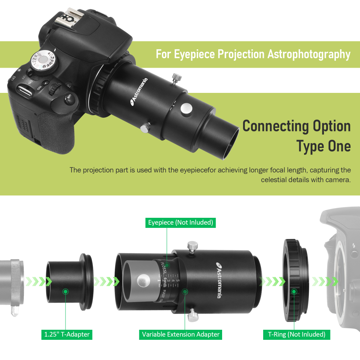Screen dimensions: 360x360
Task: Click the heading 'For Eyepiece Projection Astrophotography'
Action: point(253,54)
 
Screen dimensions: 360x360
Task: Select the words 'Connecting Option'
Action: point(296,126)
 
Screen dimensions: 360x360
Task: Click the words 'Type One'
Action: point(323,146)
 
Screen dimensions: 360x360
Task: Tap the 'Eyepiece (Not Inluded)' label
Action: point(180,222)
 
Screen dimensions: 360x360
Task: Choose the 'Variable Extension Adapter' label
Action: point(181,334)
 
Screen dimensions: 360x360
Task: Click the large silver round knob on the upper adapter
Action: point(186,108)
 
